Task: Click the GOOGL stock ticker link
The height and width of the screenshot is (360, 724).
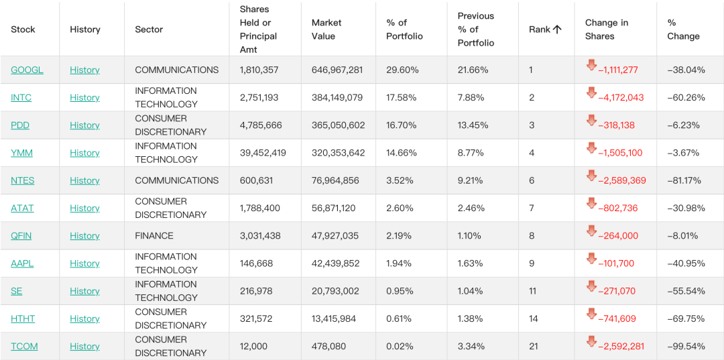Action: pyautogui.click(x=27, y=70)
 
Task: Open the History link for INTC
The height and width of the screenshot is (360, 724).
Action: pyautogui.click(x=84, y=98)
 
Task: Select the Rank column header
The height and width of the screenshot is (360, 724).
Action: pyautogui.click(x=540, y=29)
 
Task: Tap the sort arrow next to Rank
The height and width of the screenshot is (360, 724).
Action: pyautogui.click(x=557, y=29)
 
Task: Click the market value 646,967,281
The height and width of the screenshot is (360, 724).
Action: pyautogui.click(x=337, y=70)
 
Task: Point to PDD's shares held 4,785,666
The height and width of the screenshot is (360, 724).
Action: pyautogui.click(x=261, y=125)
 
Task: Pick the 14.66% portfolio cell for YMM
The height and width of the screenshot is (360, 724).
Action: pyautogui.click(x=402, y=154)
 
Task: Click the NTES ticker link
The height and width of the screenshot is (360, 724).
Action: pyautogui.click(x=23, y=181)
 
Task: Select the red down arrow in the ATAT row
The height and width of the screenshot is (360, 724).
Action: pyautogui.click(x=591, y=203)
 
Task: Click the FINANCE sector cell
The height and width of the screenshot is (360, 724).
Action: pyautogui.click(x=154, y=236)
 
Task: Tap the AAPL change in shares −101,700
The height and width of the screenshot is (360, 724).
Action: pyautogui.click(x=616, y=264)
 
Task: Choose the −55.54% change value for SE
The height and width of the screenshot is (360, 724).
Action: pyautogui.click(x=686, y=291)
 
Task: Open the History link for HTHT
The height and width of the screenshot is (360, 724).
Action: pyautogui.click(x=84, y=319)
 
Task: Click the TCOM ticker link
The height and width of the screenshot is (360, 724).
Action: pyautogui.click(x=25, y=347)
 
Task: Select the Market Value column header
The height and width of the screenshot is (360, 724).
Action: pyautogui.click(x=327, y=29)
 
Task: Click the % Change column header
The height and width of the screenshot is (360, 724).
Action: pyautogui.click(x=683, y=29)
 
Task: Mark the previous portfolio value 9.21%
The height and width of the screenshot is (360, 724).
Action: pyautogui.click(x=471, y=181)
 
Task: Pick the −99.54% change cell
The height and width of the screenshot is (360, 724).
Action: pyautogui.click(x=686, y=347)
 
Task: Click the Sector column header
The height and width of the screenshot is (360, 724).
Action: pyautogui.click(x=149, y=29)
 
